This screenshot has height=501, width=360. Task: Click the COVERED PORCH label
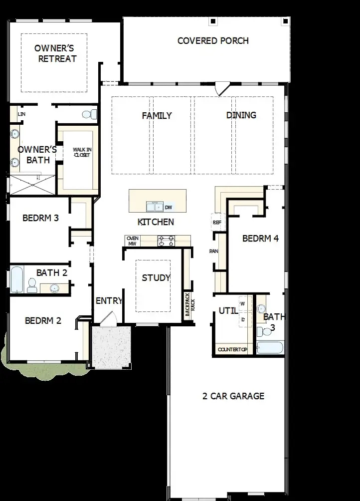pyautogui.click(x=213, y=40)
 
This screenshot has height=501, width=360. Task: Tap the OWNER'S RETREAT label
pyautogui.click(x=55, y=53)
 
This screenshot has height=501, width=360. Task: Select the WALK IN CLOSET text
pyautogui.click(x=82, y=152)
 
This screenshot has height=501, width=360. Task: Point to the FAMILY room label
pyautogui.click(x=157, y=115)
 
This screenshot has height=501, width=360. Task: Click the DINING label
pyautogui.click(x=241, y=115)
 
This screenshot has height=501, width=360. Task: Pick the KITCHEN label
pyautogui.click(x=156, y=222)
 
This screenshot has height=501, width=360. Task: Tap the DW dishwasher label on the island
pyautogui.click(x=168, y=207)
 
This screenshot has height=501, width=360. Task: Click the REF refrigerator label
pyautogui.click(x=217, y=222)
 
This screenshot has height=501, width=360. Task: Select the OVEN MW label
pyautogui.click(x=133, y=241)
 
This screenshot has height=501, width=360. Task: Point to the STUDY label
pyautogui.click(x=156, y=277)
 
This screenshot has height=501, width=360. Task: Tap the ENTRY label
pyautogui.click(x=109, y=300)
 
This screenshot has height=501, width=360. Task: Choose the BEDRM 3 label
pyautogui.click(x=41, y=218)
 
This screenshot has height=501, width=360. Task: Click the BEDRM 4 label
pyautogui.click(x=260, y=238)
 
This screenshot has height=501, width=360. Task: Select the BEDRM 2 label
pyautogui.click(x=43, y=320)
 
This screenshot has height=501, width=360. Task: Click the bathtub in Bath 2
pyautogui.click(x=16, y=280)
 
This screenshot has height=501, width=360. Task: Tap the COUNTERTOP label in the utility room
pyautogui.click(x=232, y=349)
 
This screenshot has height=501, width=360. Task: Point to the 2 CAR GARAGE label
pyautogui.click(x=233, y=396)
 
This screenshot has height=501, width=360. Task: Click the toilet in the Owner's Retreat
pyautogui.click(x=90, y=114)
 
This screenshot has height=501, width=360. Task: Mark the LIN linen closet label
pyautogui.click(x=21, y=114)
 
